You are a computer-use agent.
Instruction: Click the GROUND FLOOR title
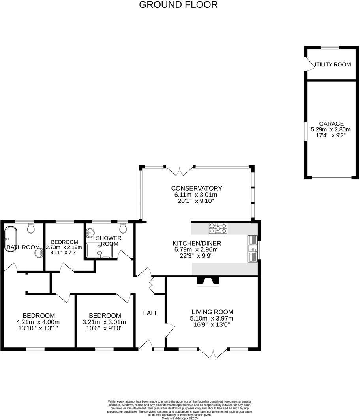(178, 5)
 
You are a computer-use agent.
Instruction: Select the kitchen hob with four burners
(218, 228)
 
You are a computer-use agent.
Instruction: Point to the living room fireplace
(208, 281)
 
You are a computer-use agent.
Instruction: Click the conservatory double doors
(180, 171)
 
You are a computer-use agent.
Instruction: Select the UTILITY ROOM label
(332, 64)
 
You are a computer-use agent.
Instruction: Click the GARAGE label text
(331, 124)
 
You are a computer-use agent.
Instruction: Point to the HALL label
(150, 313)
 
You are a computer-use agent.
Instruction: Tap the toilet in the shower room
(123, 228)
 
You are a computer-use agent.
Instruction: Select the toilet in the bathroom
(31, 228)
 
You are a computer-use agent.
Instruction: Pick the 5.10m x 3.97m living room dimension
(212, 318)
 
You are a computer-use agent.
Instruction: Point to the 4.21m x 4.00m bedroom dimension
(38, 322)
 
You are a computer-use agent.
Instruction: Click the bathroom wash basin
(38, 253)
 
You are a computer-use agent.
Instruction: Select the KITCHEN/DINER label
(197, 243)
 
